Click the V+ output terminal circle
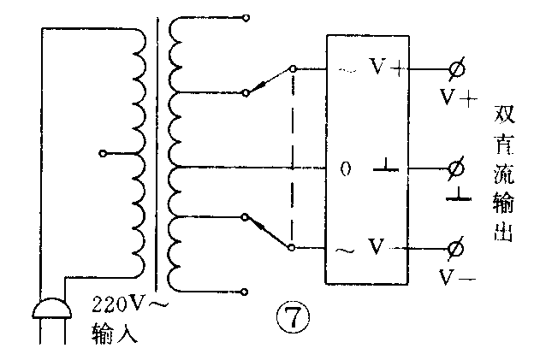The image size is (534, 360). (x=455, y=68)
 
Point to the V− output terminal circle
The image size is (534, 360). (x=455, y=248)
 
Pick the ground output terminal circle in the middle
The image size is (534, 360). (x=455, y=168)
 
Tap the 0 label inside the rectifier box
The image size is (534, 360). (x=346, y=168)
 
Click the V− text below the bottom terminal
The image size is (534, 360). (x=458, y=277)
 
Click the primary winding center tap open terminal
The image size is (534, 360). (x=103, y=154)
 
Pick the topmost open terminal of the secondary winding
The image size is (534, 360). (x=246, y=17)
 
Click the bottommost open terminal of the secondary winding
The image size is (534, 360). (x=246, y=291)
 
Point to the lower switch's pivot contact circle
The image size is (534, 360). (x=293, y=248)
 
